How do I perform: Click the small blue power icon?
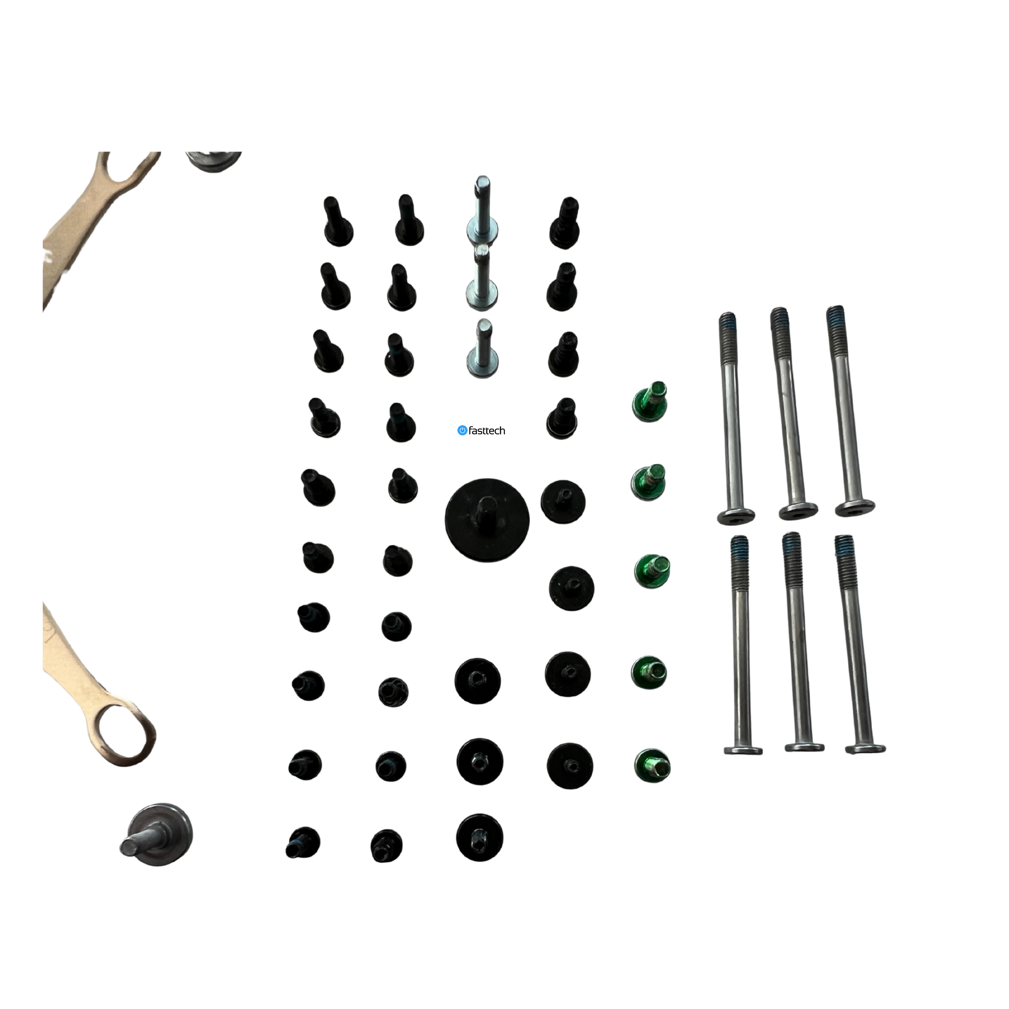tap(462, 430)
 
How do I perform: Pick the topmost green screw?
tap(650, 402)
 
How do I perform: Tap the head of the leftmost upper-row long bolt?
tap(736, 517)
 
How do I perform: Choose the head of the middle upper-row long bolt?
tap(798, 512)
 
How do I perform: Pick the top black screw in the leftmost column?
tap(337, 222)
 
